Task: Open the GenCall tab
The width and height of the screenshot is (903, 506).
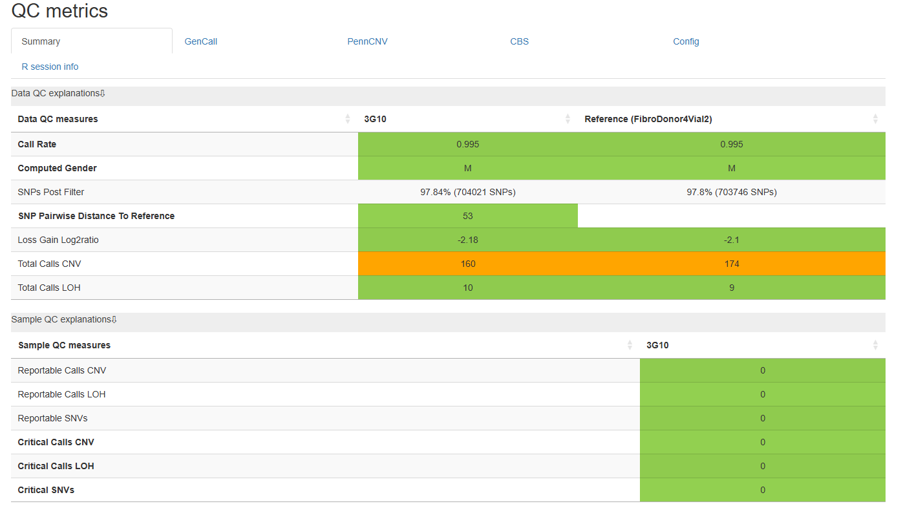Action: (x=201, y=41)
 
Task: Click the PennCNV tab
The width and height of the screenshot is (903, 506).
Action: (x=367, y=41)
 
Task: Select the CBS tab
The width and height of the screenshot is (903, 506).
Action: (x=519, y=41)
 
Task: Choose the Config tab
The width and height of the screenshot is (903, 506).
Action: (x=686, y=41)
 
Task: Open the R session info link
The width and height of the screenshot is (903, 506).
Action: (x=50, y=67)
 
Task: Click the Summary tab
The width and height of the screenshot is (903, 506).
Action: (x=41, y=41)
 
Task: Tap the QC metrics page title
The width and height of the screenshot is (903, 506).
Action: (x=59, y=10)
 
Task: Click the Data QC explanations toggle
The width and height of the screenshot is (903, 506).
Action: (x=58, y=93)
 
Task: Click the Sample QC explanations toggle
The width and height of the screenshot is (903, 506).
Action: (x=64, y=319)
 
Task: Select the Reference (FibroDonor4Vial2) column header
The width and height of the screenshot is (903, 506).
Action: (x=648, y=119)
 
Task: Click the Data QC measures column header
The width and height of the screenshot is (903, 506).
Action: (x=58, y=119)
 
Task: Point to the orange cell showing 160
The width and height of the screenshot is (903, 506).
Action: (x=467, y=264)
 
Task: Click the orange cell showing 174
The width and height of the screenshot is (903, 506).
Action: (x=731, y=264)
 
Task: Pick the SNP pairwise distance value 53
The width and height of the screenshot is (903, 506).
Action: (x=467, y=216)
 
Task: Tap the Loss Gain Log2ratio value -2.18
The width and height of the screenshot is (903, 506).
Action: (x=467, y=240)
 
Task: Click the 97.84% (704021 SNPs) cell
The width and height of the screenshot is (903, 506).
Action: (x=467, y=192)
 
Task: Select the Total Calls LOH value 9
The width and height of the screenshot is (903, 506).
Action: (x=731, y=288)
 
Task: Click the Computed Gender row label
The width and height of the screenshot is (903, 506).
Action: (x=58, y=168)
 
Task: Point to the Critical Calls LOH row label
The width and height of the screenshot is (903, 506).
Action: (x=56, y=466)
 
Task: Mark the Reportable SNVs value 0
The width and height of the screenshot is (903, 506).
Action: (x=762, y=418)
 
